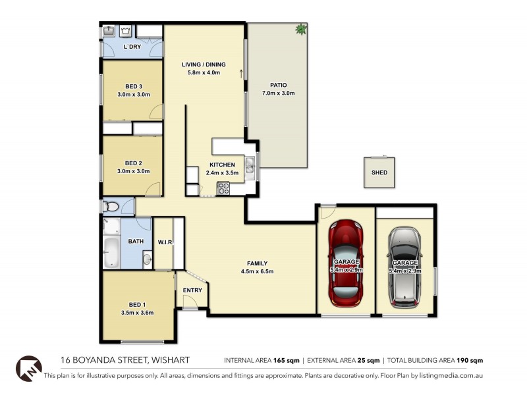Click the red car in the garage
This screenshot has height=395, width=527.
[x=346, y=263]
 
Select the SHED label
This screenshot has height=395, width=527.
[x=379, y=173]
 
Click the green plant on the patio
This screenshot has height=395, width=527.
[x=301, y=29]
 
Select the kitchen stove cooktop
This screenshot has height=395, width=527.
[x=223, y=187]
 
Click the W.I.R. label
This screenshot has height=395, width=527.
[x=165, y=242]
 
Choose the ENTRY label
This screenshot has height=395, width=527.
[x=193, y=290]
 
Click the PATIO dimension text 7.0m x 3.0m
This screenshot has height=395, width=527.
[x=278, y=93]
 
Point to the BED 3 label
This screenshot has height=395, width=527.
[x=133, y=86]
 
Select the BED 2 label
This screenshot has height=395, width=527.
[x=133, y=163]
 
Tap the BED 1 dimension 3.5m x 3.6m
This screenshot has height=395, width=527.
[x=137, y=313]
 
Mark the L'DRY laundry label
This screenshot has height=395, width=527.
[x=132, y=47]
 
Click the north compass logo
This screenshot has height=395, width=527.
[x=28, y=367]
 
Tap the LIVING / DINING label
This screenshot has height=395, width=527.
[x=204, y=65]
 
